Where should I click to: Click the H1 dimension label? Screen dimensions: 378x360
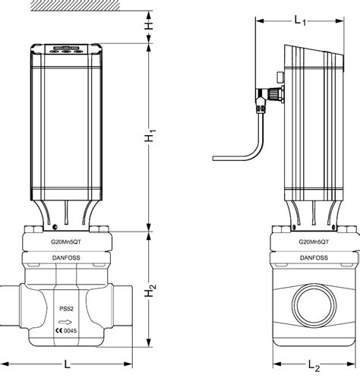[x=152, y=137]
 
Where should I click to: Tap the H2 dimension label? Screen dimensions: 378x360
[x=152, y=290]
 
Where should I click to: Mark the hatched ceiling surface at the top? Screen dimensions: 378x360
[x=68, y=5]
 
